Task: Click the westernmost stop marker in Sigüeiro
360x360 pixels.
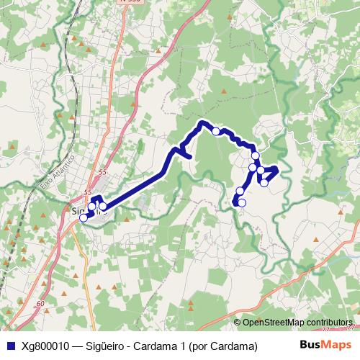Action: click(84, 217)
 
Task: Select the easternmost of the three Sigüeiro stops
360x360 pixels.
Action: click(103, 207)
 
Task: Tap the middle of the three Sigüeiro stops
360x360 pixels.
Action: click(91, 208)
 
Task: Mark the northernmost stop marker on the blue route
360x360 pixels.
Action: click(216, 131)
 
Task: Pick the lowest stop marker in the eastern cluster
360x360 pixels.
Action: click(242, 203)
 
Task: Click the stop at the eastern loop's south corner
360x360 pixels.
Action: click(264, 183)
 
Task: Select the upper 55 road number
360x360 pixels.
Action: click(102, 172)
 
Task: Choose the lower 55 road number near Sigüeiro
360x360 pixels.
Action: click(88, 192)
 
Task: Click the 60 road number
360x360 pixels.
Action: click(40, 305)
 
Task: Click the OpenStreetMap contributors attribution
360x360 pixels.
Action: click(297, 322)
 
